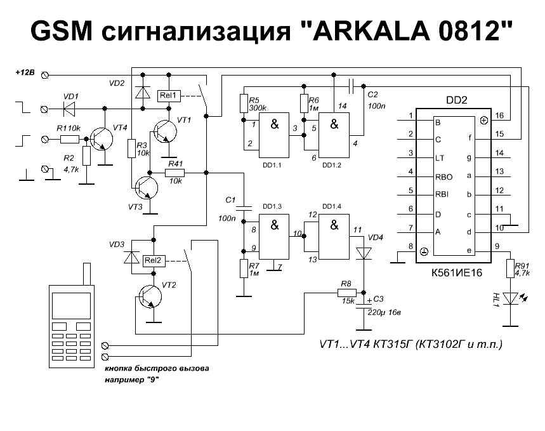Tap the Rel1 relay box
click(x=169, y=96)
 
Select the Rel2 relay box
click(x=154, y=260)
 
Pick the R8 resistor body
click(x=347, y=293)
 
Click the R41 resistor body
click(x=174, y=173)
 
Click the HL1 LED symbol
click(x=510, y=298)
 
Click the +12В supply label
click(x=26, y=74)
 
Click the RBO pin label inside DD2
click(x=443, y=172)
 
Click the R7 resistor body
click(x=242, y=269)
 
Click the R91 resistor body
click(x=509, y=269)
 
